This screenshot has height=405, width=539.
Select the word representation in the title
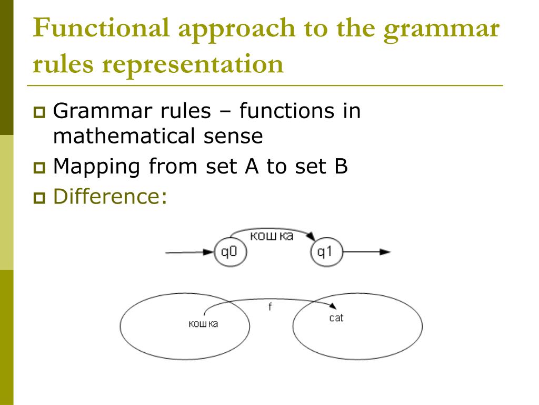point(193,64)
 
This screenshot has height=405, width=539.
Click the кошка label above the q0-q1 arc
point(272,236)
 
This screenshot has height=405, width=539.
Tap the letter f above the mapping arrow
point(270,307)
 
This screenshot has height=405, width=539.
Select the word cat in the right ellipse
point(336,318)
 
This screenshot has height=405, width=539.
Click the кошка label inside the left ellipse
point(203,323)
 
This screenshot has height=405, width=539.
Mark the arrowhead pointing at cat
point(333,307)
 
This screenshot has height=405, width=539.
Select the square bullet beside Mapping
point(39,168)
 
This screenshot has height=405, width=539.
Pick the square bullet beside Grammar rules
point(39,112)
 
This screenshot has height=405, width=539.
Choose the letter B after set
point(338,167)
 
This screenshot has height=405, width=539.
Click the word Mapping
point(97,168)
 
